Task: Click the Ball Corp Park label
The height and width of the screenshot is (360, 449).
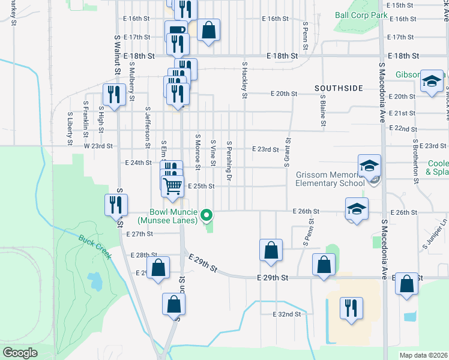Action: click(361, 14)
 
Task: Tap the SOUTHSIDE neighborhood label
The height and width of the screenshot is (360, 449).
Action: click(339, 88)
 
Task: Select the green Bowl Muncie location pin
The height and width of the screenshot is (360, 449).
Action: click(206, 214)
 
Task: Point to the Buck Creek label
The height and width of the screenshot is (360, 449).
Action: click(95, 246)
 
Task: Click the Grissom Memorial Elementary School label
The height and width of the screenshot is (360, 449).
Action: click(330, 179)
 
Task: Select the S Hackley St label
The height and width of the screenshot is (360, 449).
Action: click(244, 79)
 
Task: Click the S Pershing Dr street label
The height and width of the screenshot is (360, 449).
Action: click(229, 161)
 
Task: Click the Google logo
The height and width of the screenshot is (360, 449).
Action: click(19, 353)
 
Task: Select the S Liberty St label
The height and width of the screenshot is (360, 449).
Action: click(70, 128)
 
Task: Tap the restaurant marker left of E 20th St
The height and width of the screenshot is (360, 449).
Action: click(112, 95)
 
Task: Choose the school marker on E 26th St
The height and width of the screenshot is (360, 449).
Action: click(357, 209)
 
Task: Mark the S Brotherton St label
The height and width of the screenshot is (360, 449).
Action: click(415, 161)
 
